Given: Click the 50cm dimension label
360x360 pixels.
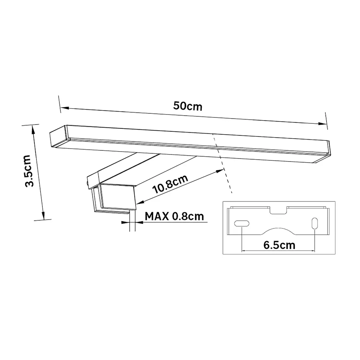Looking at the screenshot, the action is tap(188, 106).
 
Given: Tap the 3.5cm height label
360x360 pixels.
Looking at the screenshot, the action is tap(30, 171).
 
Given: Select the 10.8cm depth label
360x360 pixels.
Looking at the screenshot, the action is tap(170, 184).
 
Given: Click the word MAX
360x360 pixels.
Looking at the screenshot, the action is tap(157, 216).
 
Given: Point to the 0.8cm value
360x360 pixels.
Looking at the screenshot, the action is tap(188, 216).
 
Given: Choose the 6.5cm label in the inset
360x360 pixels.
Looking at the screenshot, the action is tap(279, 245).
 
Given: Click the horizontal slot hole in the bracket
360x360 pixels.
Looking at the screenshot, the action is tap(242, 224).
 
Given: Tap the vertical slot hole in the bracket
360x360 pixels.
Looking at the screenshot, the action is tap(315, 223).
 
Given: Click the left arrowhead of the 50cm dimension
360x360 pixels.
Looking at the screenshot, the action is tap(64, 108).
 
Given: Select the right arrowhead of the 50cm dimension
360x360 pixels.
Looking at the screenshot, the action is tap(322, 124).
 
